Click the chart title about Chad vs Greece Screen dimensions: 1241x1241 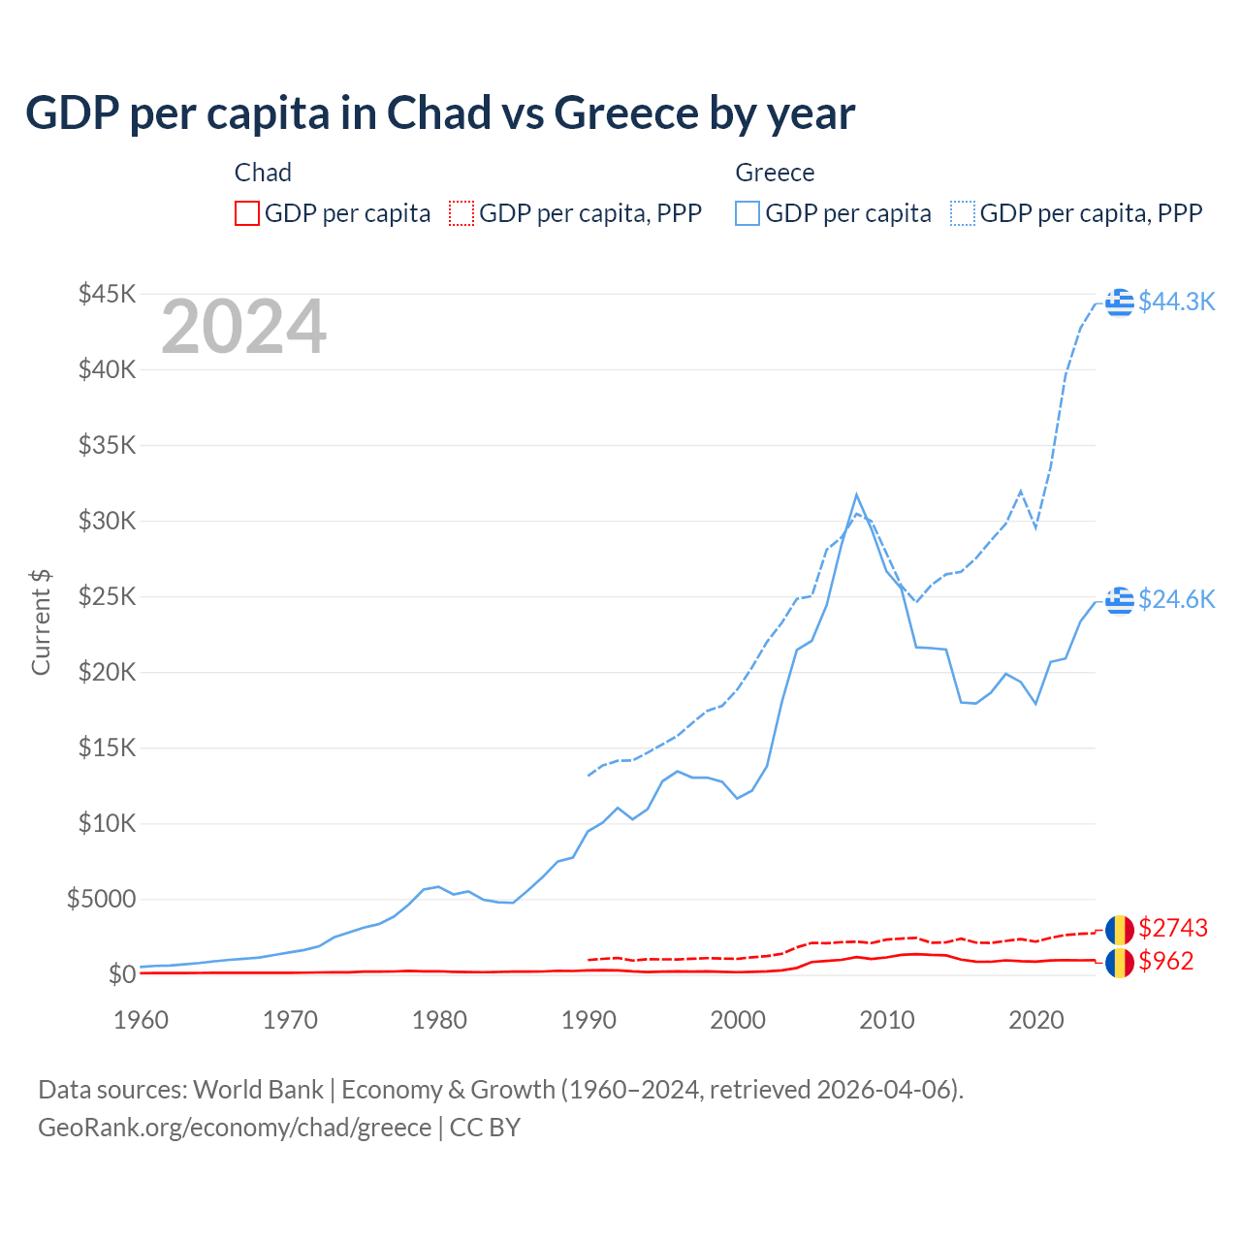440,113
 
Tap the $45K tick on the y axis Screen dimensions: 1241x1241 107,294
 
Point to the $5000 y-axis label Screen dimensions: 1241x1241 101,899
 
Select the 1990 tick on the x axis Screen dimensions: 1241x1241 589,1020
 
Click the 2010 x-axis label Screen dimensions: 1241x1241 887,1020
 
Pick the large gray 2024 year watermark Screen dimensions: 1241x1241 243,328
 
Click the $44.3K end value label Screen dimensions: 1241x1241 1176,302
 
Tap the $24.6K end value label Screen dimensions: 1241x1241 1176,599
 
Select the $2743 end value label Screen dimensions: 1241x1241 1173,928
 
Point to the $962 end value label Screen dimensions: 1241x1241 1166,961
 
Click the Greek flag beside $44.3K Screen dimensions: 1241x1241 1120,302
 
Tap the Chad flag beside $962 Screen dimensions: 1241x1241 1120,962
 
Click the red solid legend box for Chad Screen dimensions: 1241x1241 247,213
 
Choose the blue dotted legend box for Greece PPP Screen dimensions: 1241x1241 963,213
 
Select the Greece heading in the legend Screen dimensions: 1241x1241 775,173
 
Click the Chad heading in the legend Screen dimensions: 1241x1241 263,173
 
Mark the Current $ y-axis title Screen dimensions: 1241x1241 41,622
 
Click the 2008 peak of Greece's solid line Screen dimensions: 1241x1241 856,494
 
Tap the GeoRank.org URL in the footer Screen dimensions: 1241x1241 235,1128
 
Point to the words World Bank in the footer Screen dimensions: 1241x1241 258,1090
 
